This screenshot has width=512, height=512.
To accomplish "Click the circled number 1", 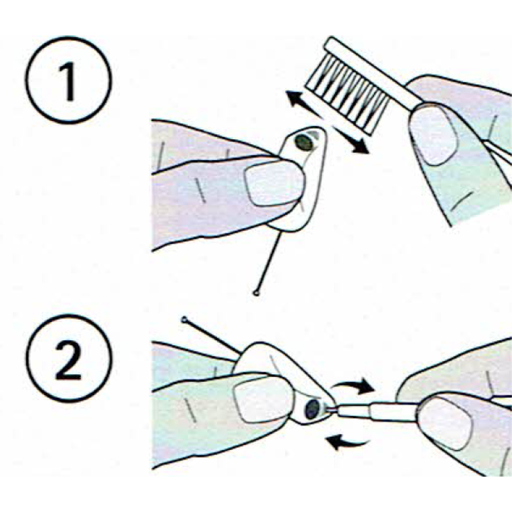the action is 68,80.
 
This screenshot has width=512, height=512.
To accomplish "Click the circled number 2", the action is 68,359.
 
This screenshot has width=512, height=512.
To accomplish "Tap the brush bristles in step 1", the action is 347,94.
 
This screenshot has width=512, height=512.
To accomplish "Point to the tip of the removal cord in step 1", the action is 256,293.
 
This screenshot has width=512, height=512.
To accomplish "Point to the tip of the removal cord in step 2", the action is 184,319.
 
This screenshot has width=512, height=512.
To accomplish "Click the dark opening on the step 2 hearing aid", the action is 313,409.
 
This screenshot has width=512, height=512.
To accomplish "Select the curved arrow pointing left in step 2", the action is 348,441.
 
